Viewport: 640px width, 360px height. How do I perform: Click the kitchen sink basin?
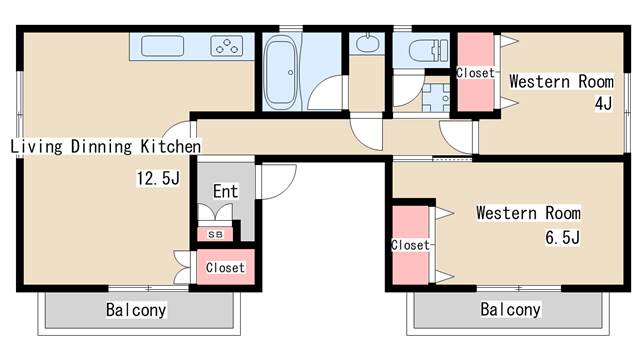(x=162, y=45)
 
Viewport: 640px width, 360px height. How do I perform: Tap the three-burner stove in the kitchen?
(x=227, y=46)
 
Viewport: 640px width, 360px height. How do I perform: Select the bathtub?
(x=281, y=72)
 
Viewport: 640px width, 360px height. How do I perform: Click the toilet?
(x=428, y=51)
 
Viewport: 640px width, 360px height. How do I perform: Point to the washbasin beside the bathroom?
(x=368, y=44)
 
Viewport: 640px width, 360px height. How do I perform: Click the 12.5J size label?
(x=158, y=178)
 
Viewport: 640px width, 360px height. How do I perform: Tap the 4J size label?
(x=603, y=103)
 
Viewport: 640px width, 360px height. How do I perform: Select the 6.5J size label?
(x=562, y=237)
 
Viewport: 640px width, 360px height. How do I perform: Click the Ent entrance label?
(x=225, y=191)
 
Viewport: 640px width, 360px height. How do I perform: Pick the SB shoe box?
(x=215, y=234)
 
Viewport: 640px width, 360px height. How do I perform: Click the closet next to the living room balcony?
(x=226, y=267)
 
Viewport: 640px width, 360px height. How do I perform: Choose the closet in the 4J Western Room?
(x=476, y=72)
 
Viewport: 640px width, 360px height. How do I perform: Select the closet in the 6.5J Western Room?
(x=411, y=245)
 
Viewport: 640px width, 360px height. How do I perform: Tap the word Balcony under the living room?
(x=136, y=310)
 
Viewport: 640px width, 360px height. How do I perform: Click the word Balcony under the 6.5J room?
(x=511, y=309)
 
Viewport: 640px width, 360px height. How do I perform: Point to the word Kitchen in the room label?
(x=171, y=147)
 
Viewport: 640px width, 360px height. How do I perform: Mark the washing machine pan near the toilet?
(x=436, y=98)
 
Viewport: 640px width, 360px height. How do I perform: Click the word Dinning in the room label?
(x=101, y=147)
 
